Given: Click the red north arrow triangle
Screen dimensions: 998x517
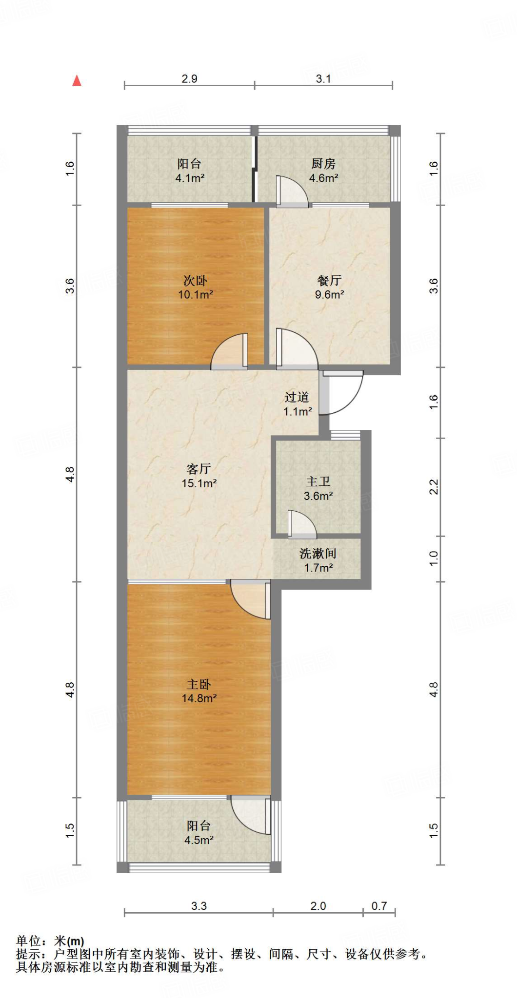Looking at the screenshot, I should tap(77, 81).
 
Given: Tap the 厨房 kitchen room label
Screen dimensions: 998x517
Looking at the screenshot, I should tap(323, 164).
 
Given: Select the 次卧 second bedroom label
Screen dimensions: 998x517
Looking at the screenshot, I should tap(195, 280).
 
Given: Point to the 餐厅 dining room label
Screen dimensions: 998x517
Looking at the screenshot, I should tap(329, 280).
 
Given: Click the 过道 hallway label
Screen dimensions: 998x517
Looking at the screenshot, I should tap(297, 397).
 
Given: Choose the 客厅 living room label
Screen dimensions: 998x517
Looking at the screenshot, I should tap(199, 469).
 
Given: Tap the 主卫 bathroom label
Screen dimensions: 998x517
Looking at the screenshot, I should tap(318, 481).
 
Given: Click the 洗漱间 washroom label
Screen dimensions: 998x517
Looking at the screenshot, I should tap(318, 554).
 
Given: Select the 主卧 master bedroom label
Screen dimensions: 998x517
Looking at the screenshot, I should tap(199, 684).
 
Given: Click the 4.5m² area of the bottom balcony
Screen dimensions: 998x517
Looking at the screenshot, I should tap(199, 840).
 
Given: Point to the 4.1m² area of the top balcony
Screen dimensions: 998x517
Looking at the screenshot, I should tap(190, 178).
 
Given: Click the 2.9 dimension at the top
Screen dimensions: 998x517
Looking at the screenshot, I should tap(189, 79).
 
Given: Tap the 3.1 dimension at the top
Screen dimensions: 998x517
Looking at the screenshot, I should tap(323, 79).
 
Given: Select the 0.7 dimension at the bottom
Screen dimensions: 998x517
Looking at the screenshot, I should tap(379, 906).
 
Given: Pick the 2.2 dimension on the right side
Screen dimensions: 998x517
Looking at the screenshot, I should tap(434, 487).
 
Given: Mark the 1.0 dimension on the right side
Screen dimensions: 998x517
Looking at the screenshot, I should tap(434, 558).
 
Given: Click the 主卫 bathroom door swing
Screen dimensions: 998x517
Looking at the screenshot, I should tap(301, 524).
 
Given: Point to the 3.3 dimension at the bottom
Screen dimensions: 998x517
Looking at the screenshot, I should tap(199, 906).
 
